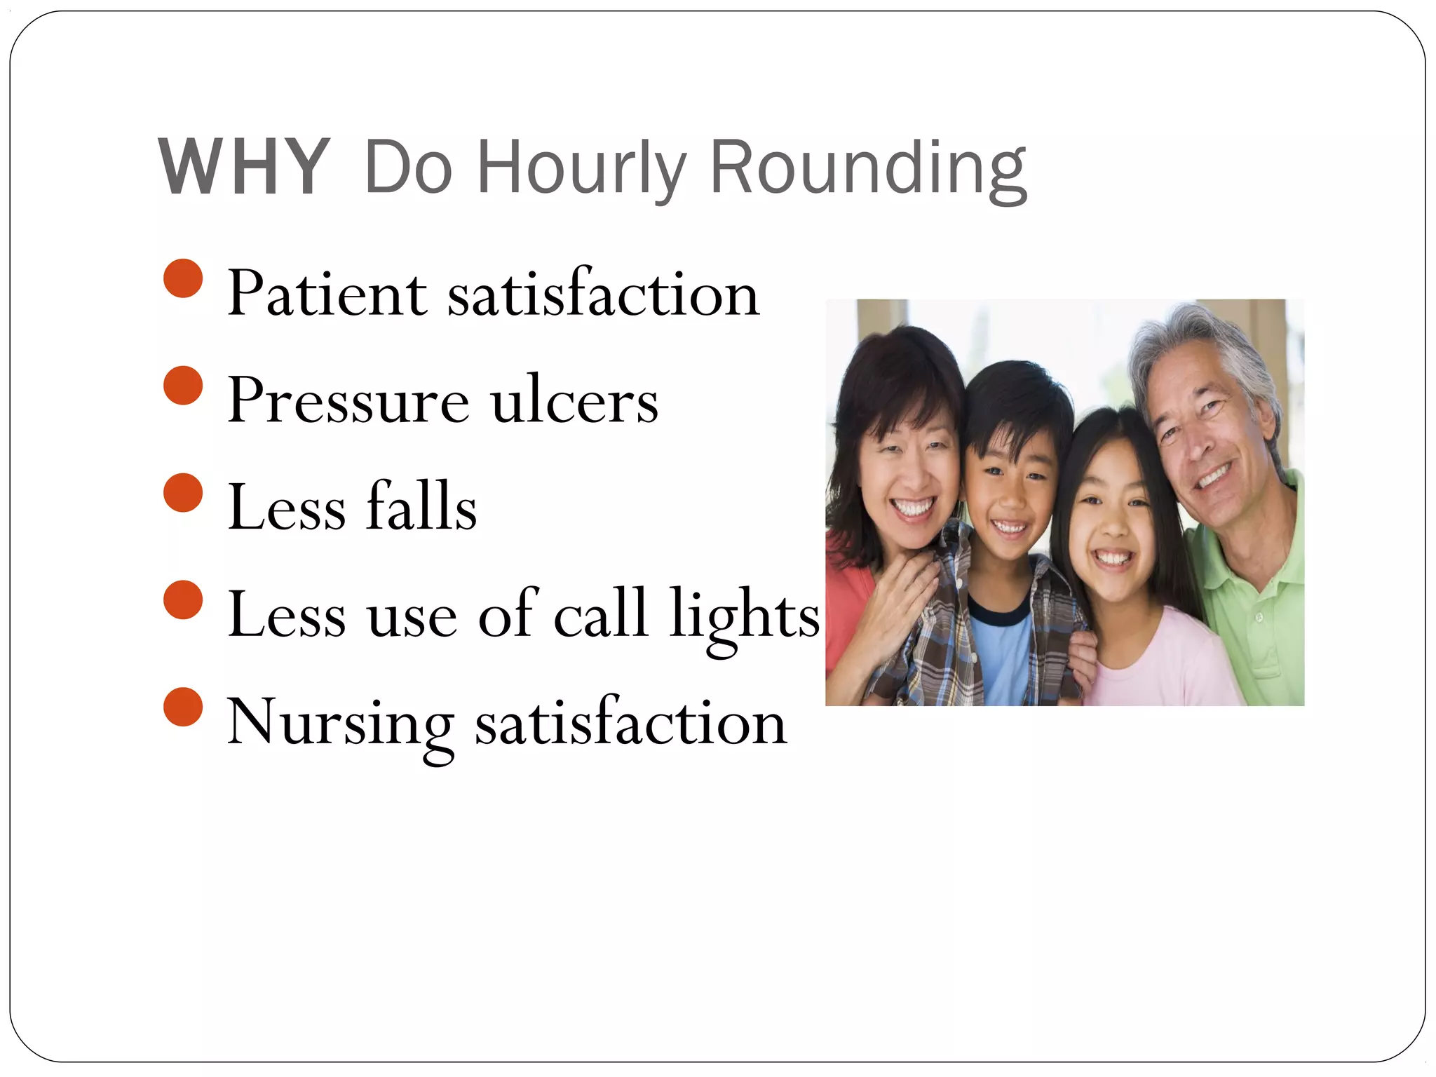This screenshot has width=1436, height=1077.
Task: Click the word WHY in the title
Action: point(244,168)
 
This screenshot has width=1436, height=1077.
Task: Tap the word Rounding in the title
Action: point(867,168)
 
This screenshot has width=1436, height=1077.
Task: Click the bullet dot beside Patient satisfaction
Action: point(183,278)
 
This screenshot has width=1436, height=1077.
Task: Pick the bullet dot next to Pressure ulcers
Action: point(183,385)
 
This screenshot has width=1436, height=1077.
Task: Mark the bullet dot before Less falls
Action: point(183,492)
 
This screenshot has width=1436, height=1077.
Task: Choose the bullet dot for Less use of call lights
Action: point(183,600)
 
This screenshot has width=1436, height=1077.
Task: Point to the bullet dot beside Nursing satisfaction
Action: point(183,707)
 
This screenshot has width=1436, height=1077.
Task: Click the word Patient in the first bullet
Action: point(327,294)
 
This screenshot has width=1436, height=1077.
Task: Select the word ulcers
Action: point(574,401)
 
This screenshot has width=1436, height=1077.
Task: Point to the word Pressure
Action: point(348,401)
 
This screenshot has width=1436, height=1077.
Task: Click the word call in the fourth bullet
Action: point(600,614)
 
